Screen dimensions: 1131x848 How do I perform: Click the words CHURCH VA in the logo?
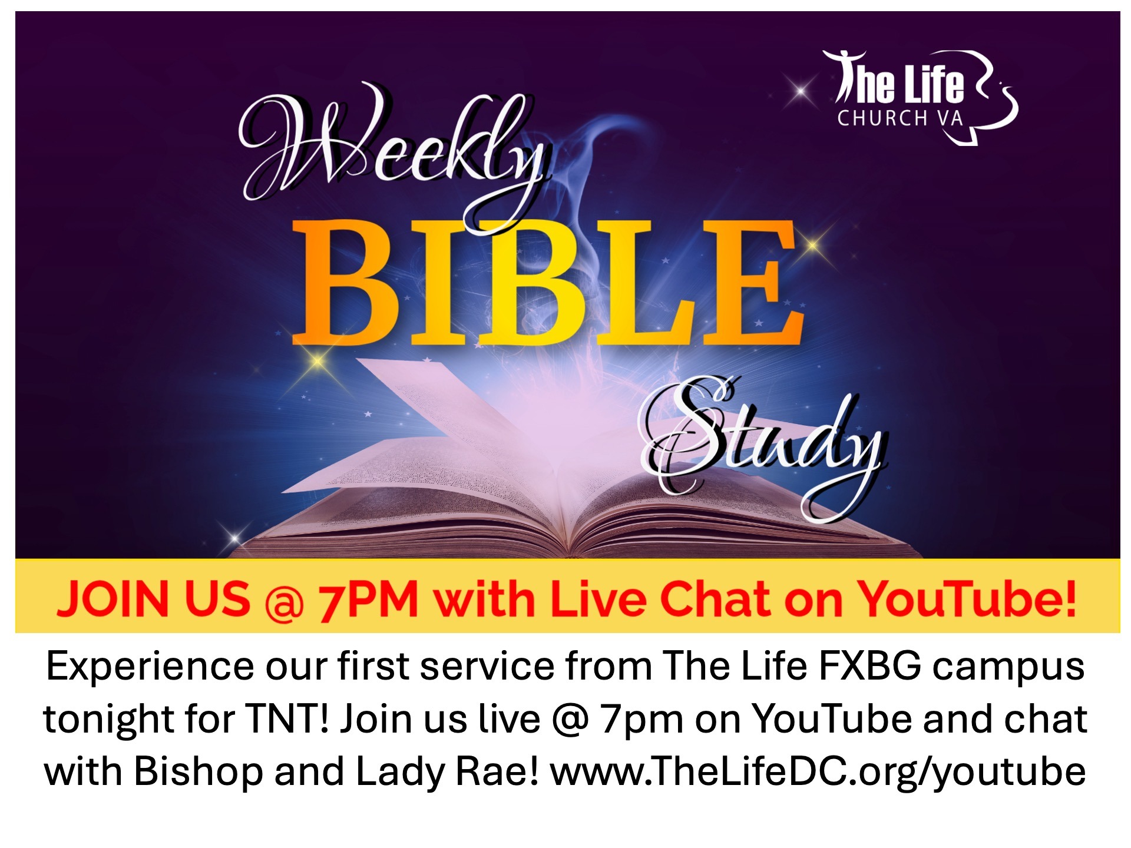tap(900, 118)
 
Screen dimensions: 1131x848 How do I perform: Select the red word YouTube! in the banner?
tap(966, 599)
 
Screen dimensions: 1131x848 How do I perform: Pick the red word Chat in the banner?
tap(713, 599)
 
